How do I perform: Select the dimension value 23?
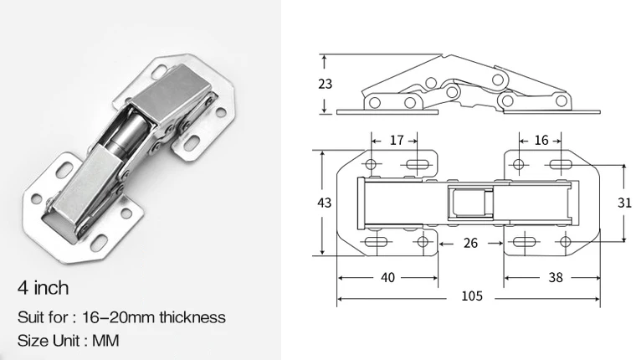click(326, 84)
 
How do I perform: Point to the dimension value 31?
click(623, 203)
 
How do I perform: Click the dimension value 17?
click(397, 141)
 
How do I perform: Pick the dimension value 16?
click(541, 141)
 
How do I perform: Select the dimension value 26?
click(469, 244)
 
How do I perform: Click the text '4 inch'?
click(43, 289)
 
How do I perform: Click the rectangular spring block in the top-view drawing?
click(469, 203)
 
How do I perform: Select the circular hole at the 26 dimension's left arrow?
click(423, 243)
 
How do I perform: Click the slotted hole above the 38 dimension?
click(523, 243)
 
